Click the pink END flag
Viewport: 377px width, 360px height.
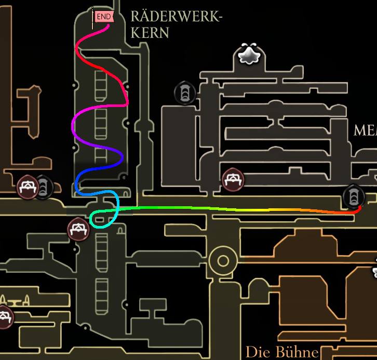[103, 17]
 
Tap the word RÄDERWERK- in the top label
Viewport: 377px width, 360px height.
[176, 17]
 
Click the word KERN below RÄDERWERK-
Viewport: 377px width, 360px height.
[150, 33]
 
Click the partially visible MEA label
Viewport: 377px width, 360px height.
[365, 130]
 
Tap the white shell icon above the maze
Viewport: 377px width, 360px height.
[249, 55]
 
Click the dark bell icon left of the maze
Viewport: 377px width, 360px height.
[184, 94]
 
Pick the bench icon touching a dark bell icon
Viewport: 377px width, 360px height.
[28, 187]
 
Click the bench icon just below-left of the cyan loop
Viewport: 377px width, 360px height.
[78, 230]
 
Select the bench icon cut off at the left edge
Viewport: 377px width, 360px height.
[4, 316]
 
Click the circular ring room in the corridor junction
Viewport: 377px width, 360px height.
[223, 261]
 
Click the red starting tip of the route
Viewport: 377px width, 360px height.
[359, 208]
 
